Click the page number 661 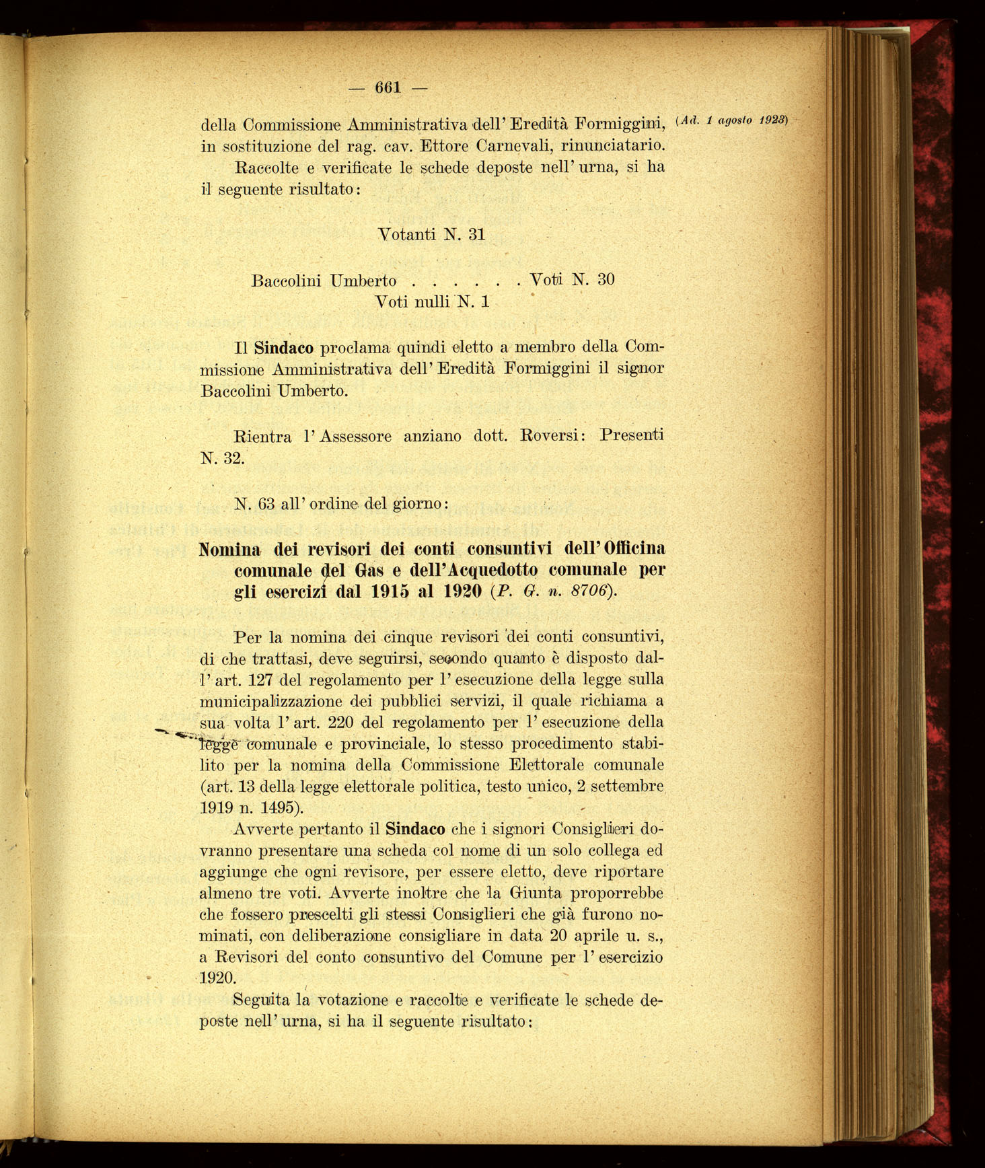pos(388,87)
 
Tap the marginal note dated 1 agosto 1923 pos(731,120)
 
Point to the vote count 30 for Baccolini pos(606,279)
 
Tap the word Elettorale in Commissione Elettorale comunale pos(547,765)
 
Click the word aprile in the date pos(595,936)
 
